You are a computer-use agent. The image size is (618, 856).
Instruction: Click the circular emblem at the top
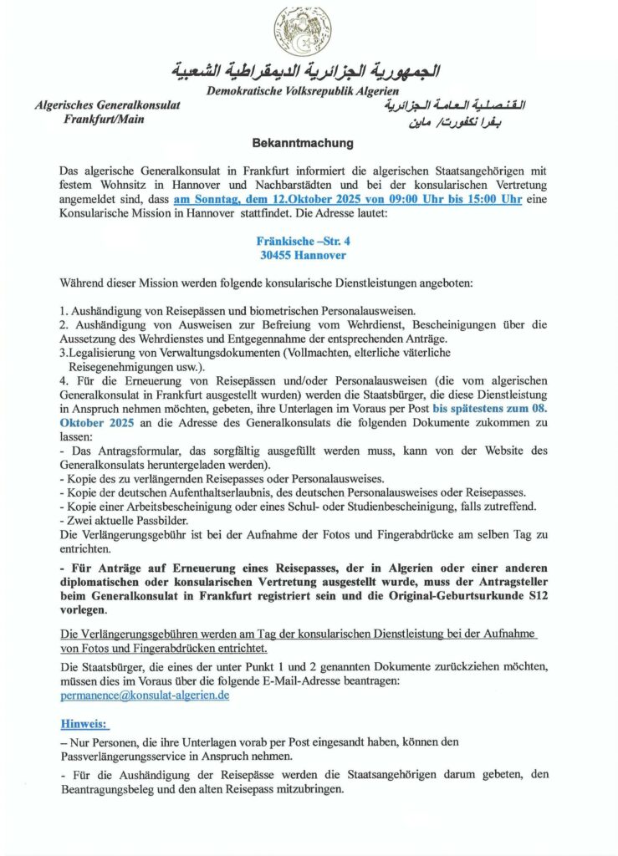pos(303,31)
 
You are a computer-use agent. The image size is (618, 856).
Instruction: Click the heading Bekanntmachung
pos(303,143)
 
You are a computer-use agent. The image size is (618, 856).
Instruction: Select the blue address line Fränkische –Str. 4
pos(302,241)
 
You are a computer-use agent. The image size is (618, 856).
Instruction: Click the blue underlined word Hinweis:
pos(85,722)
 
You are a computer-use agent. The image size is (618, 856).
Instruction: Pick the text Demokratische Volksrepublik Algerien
pos(303,89)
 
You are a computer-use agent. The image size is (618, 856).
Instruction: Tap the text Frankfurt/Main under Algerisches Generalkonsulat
pos(103,120)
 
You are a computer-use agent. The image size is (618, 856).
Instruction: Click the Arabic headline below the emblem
pos(305,69)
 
